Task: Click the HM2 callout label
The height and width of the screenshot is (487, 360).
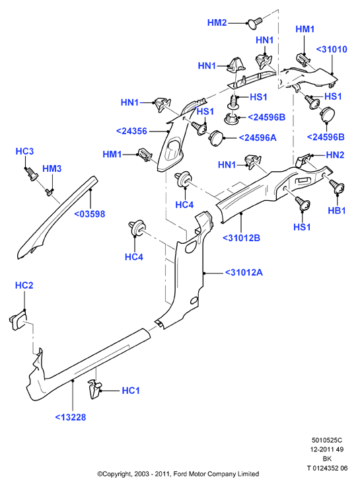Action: click(217, 22)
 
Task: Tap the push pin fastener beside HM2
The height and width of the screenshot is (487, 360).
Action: click(254, 23)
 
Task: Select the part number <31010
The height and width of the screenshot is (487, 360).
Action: click(332, 49)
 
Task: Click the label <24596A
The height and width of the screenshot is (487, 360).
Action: click(257, 137)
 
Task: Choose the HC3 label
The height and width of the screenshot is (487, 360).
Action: click(24, 151)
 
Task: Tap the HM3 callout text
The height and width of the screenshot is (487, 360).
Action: click(52, 169)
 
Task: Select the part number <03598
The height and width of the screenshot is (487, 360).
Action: click(90, 214)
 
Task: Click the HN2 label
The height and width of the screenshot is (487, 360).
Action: click(335, 155)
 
